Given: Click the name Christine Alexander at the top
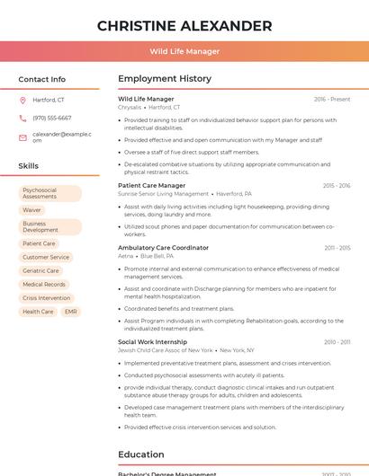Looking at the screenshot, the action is pyautogui.click(x=184, y=25).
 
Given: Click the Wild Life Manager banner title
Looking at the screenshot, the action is pyautogui.click(x=184, y=51).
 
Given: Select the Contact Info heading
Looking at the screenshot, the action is pyautogui.click(x=42, y=79).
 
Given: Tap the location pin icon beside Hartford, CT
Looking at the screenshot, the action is pyautogui.click(x=22, y=101).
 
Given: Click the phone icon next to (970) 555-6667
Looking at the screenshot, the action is pyautogui.click(x=22, y=118).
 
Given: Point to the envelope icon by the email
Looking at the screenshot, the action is pyautogui.click(x=22, y=137).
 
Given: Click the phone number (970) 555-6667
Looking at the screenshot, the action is pyautogui.click(x=52, y=118).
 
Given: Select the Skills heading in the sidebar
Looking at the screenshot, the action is pyautogui.click(x=29, y=166).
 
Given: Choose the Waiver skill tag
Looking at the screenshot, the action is pyautogui.click(x=32, y=210).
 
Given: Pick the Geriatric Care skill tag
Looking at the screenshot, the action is pyautogui.click(x=41, y=270).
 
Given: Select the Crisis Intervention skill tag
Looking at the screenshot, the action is pyautogui.click(x=47, y=297).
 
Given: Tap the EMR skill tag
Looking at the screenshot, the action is pyautogui.click(x=71, y=312).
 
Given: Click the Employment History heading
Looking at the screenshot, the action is pyautogui.click(x=165, y=79).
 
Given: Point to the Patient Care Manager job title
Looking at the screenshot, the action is pyautogui.click(x=152, y=186).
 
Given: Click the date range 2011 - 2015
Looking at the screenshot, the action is pyautogui.click(x=337, y=248).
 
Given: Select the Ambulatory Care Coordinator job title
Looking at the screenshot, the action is pyautogui.click(x=163, y=248).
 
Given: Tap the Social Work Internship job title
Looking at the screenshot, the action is pyautogui.click(x=153, y=342).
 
